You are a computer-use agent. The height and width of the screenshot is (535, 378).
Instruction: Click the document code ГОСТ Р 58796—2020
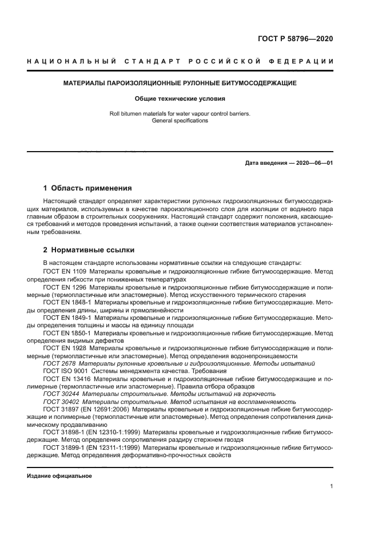click(296, 39)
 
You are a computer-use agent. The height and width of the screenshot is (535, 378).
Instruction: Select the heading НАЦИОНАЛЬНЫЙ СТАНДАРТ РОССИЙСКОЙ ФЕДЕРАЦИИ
click(180, 61)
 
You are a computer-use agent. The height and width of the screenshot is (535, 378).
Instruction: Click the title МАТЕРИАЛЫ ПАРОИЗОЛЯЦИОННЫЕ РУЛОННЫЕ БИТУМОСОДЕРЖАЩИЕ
click(180, 84)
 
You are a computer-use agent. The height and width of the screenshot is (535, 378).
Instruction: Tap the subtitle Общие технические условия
click(180, 98)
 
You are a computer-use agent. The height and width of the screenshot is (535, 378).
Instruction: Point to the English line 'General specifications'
click(180, 121)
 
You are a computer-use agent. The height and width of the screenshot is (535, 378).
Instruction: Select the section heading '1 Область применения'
click(87, 188)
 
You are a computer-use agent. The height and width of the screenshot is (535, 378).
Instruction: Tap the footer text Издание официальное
click(59, 475)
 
